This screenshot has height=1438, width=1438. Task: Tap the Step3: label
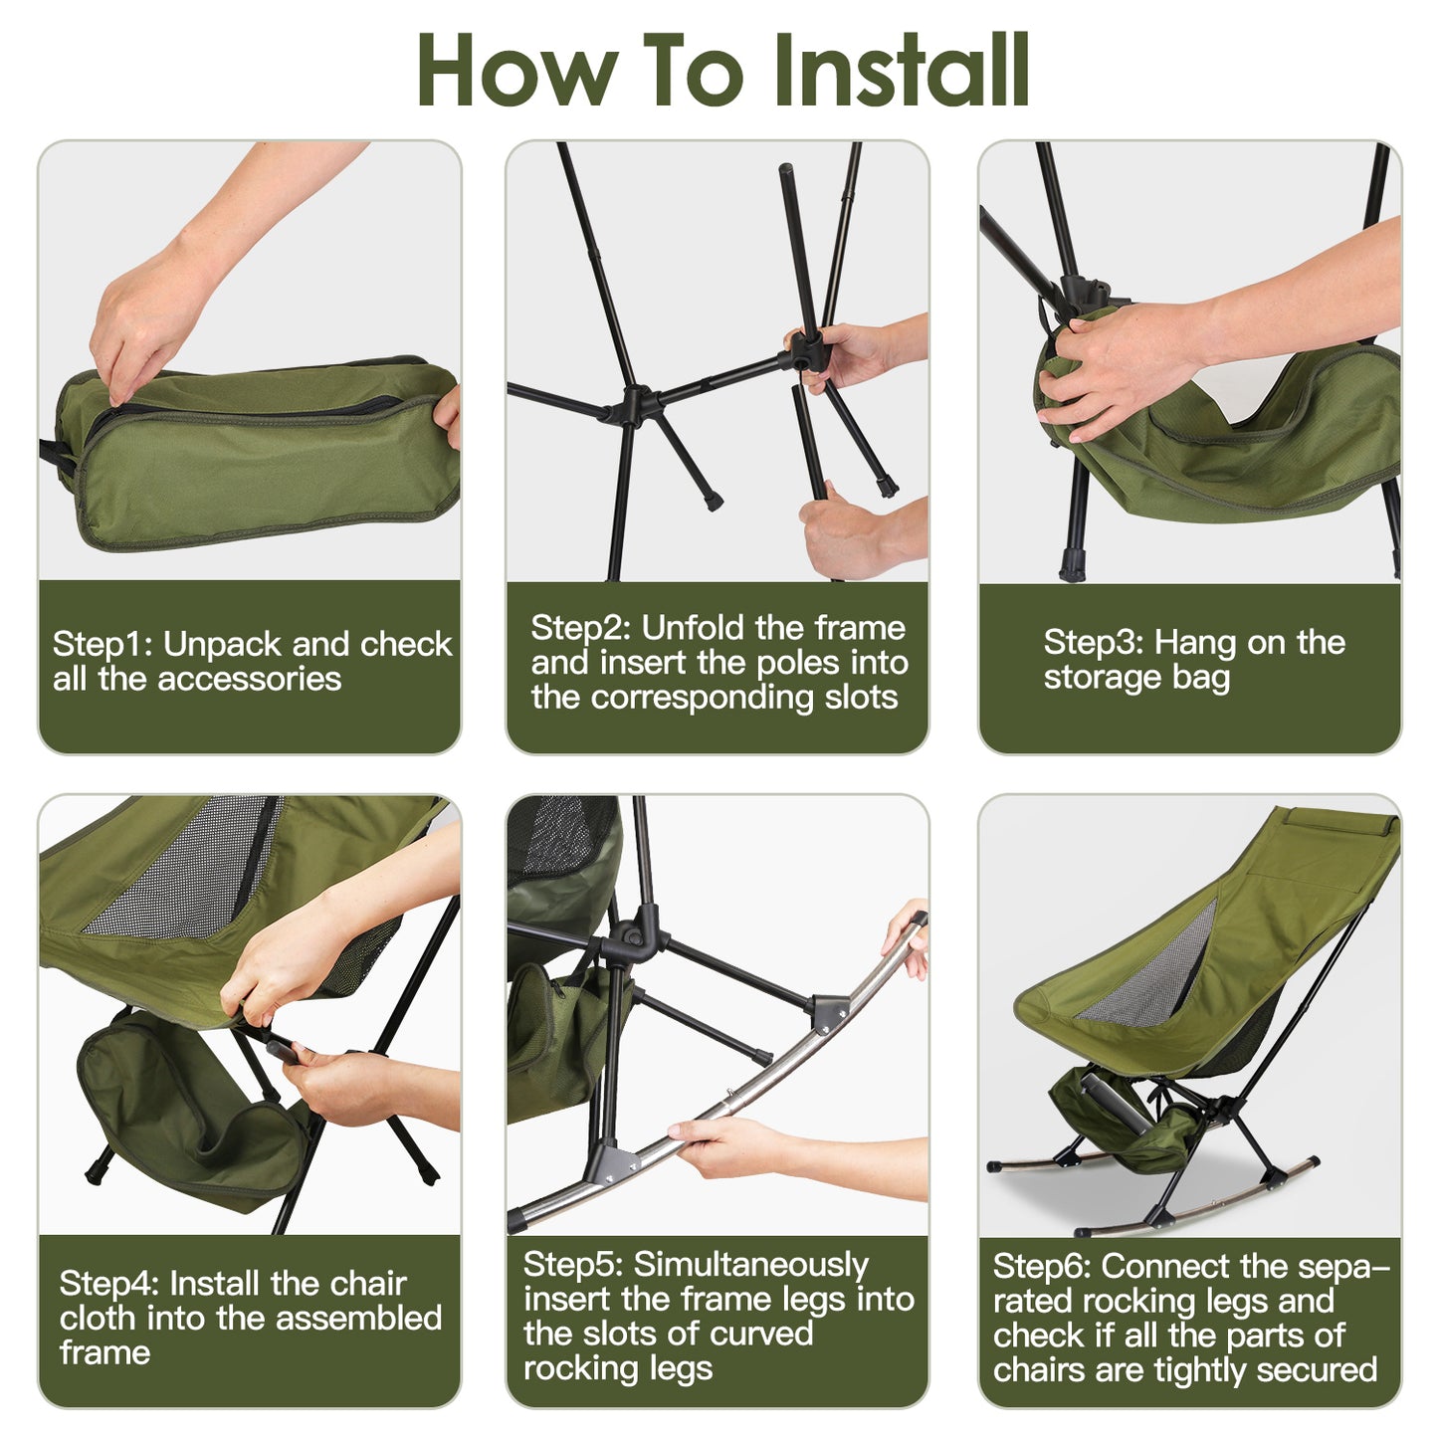[x=1093, y=643]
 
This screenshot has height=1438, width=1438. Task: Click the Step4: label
[x=109, y=1283]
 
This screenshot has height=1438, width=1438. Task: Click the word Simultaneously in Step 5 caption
[x=751, y=1264]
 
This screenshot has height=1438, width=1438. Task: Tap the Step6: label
[x=1042, y=1266]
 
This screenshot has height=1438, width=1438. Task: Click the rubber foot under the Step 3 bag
[x=1071, y=567]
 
